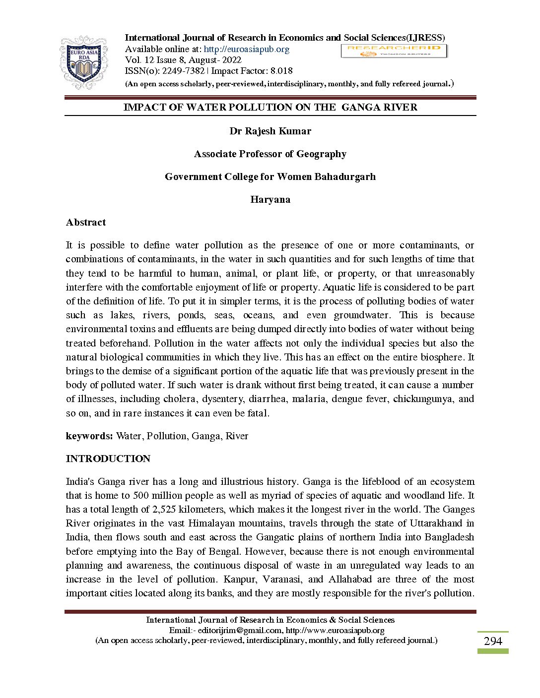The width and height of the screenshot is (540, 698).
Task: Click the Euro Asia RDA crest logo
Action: coord(83,62)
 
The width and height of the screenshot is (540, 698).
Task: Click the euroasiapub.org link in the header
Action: coord(246,49)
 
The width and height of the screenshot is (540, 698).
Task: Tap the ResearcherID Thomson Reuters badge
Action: coord(394,51)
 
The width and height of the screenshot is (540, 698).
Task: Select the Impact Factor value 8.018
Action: coord(281,71)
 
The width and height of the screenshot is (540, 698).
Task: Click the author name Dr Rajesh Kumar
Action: coord(270,131)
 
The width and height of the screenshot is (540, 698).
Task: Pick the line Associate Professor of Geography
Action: coord(270,154)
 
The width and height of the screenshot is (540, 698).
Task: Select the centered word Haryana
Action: coord(270,200)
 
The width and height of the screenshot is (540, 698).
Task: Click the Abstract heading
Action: coord(86,223)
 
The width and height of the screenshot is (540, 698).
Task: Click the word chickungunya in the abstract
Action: coord(423,399)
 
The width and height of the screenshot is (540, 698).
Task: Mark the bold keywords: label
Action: coord(89,436)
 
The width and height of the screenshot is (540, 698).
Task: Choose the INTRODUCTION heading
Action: coord(108,459)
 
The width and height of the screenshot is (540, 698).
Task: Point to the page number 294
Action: coord(493,641)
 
